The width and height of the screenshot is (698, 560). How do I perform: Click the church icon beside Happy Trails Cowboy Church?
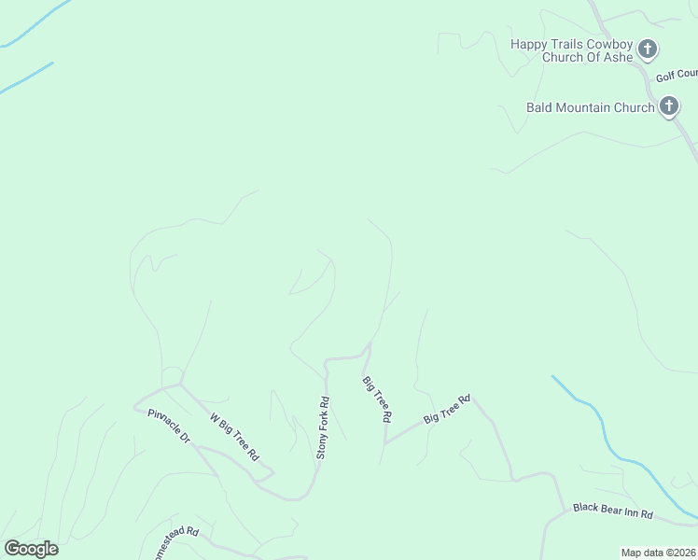click(x=648, y=49)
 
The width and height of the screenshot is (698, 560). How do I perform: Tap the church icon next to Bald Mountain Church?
click(x=668, y=107)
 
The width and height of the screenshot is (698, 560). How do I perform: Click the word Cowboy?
click(x=607, y=44)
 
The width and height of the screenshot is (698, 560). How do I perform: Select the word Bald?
click(x=539, y=107)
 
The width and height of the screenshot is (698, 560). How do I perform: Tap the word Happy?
click(x=528, y=44)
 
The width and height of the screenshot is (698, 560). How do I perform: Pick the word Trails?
click(x=566, y=44)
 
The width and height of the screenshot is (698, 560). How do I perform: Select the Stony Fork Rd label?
click(x=322, y=428)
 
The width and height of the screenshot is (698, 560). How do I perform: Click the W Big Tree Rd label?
click(x=233, y=439)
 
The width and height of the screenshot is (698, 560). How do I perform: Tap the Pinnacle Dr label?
click(x=169, y=426)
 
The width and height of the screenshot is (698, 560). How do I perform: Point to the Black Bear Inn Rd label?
click(x=612, y=512)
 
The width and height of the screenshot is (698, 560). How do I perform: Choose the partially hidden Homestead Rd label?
click(x=174, y=538)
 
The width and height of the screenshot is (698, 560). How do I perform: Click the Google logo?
click(x=31, y=548)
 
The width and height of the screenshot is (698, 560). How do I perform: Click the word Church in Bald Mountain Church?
click(x=634, y=107)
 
